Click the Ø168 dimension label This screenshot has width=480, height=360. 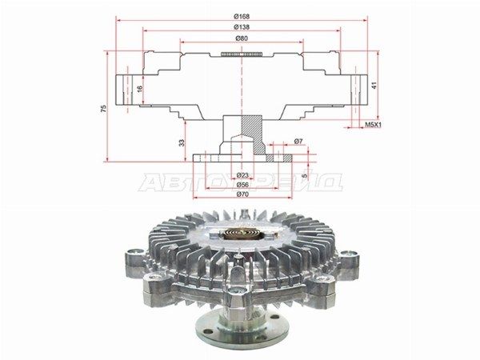pyautogui.click(x=242, y=17)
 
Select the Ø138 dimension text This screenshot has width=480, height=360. pyautogui.click(x=242, y=27)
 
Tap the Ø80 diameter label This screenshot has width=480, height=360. pyautogui.click(x=242, y=38)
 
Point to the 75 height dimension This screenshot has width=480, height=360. pyautogui.click(x=104, y=108)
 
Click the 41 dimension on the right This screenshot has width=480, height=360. pyautogui.click(x=374, y=85)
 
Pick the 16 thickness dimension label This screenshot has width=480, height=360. pyautogui.click(x=139, y=89)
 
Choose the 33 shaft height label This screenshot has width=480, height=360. pyautogui.click(x=182, y=142)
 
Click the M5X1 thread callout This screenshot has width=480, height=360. pyautogui.click(x=374, y=125)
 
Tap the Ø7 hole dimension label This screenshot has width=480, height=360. pyautogui.click(x=298, y=141)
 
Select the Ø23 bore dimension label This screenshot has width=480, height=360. pyautogui.click(x=242, y=175)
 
